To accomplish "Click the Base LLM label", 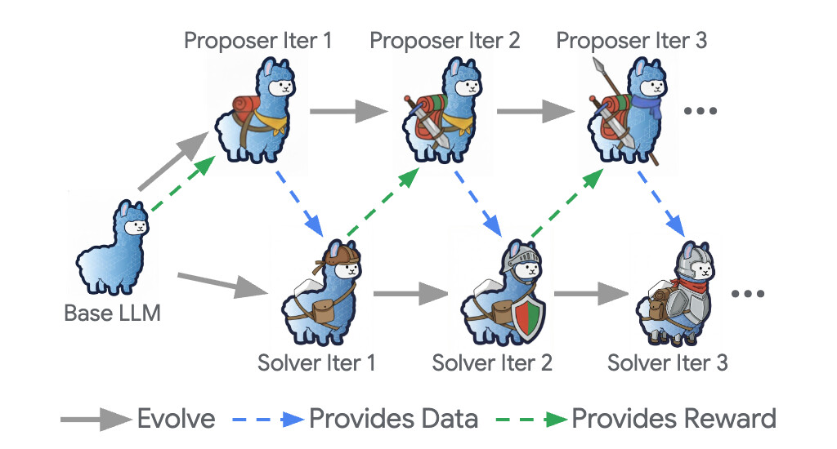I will (112, 312).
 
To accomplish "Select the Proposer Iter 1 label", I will (257, 40).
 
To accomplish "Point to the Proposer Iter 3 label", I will (631, 40).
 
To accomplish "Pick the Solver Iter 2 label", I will (492, 362).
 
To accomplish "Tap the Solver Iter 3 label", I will (667, 362).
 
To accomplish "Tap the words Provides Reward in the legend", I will (674, 419).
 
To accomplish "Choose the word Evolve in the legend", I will (176, 419).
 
